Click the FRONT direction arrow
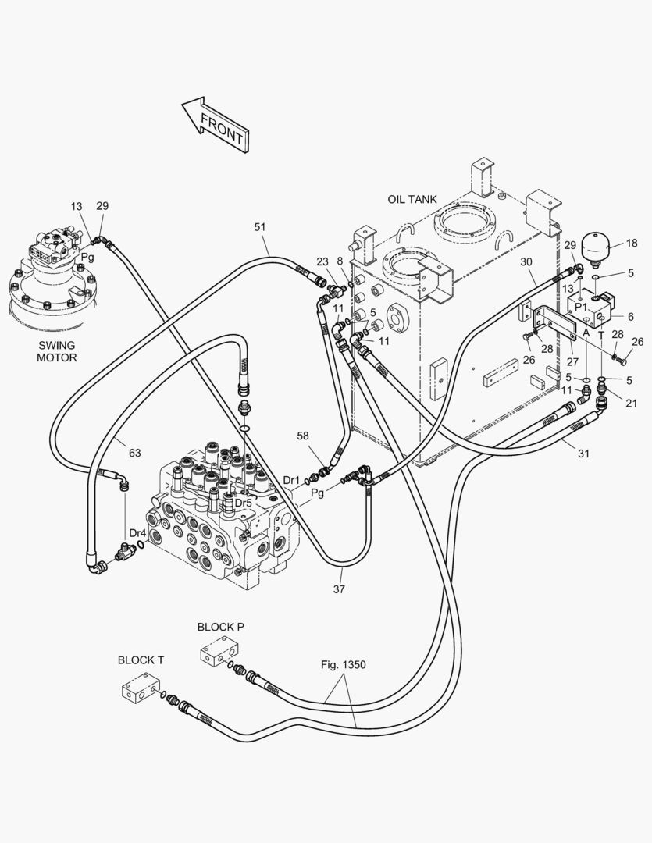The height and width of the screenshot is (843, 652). click(216, 123)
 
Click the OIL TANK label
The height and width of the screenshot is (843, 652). click(412, 199)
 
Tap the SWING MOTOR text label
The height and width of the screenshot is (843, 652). click(58, 350)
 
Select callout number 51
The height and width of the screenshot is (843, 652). click(260, 226)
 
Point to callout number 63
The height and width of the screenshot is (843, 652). click(134, 453)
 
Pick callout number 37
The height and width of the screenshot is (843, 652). click(339, 589)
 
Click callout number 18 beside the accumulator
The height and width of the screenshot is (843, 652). click(632, 244)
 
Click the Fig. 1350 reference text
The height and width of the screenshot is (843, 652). click(343, 665)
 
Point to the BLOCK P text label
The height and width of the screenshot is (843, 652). click(220, 627)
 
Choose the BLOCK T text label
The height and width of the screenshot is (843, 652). click(141, 660)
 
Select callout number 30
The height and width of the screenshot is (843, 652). click(526, 261)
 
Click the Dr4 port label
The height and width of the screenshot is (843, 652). click(137, 533)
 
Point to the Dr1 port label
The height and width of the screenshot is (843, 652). click(291, 480)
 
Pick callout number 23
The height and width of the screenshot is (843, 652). click(322, 262)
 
